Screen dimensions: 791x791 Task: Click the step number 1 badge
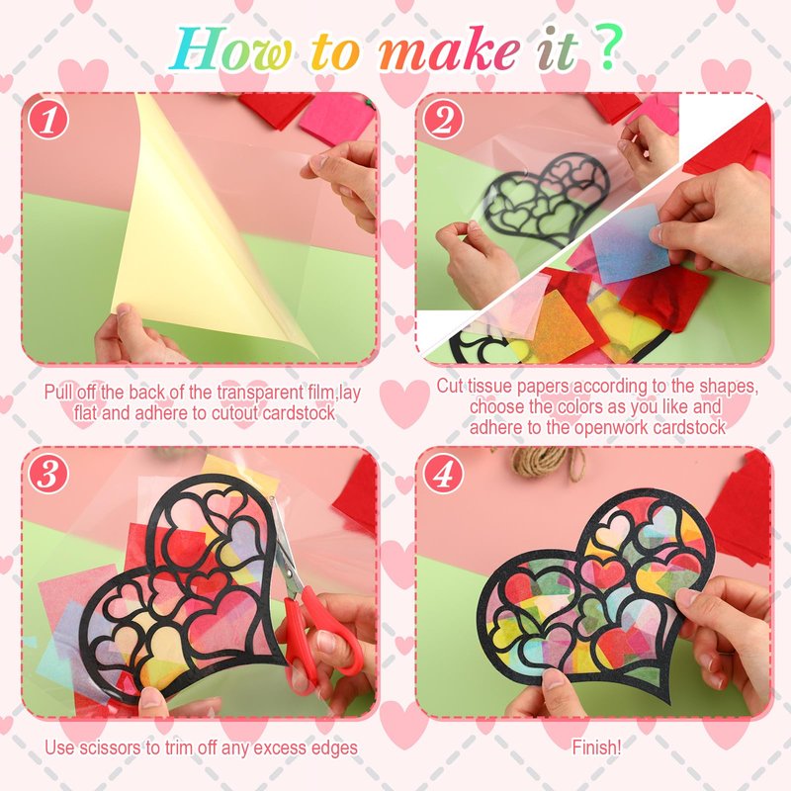pyautogui.click(x=48, y=120)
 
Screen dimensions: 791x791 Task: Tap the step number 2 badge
pyautogui.click(x=443, y=120)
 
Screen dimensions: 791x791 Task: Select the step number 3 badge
pyautogui.click(x=48, y=474)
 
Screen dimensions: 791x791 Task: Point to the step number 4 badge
pyautogui.click(x=443, y=474)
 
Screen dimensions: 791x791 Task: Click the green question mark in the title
pyautogui.click(x=609, y=47)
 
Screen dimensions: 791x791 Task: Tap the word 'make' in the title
pyautogui.click(x=448, y=50)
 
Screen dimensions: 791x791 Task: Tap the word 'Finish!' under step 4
pyautogui.click(x=596, y=747)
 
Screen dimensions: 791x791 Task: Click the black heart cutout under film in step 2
pyautogui.click(x=544, y=198)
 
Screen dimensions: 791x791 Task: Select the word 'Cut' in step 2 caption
pyautogui.click(x=449, y=386)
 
